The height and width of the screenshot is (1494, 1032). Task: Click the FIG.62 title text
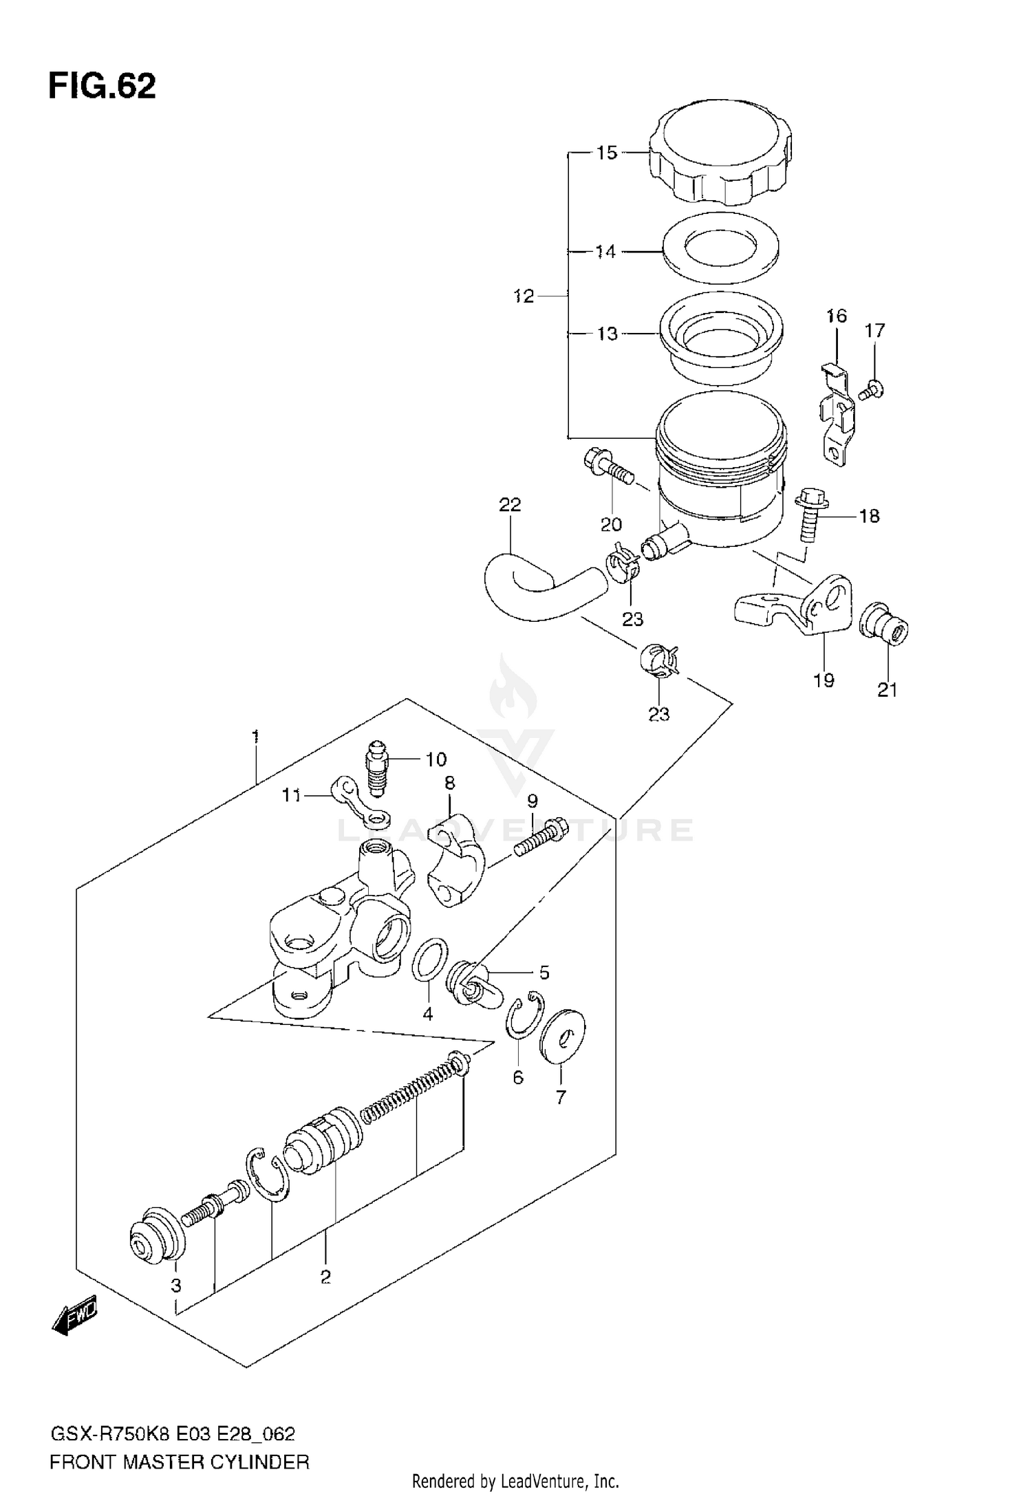point(102,87)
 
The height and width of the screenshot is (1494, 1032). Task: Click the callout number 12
point(524,296)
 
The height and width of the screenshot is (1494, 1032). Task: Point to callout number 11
point(291,795)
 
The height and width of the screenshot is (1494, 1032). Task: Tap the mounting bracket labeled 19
point(798,605)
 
